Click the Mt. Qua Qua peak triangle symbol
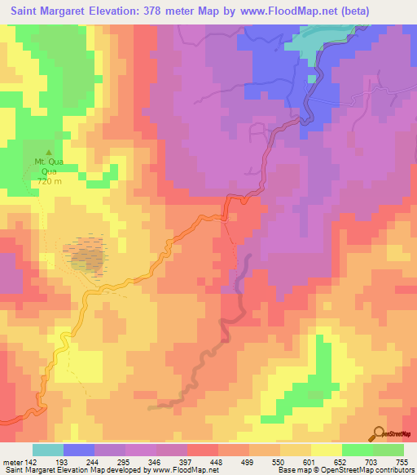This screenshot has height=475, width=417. point(48,152)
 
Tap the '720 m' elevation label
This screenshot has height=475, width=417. point(48,181)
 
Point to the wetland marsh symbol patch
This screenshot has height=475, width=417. point(87,254)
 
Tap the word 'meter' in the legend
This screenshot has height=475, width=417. point(12,461)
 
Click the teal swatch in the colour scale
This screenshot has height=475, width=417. point(47,450)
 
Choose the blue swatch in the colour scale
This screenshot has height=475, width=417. point(78,450)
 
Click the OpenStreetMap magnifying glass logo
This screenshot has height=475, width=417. point(379,433)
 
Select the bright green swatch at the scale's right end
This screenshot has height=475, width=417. point(388,450)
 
